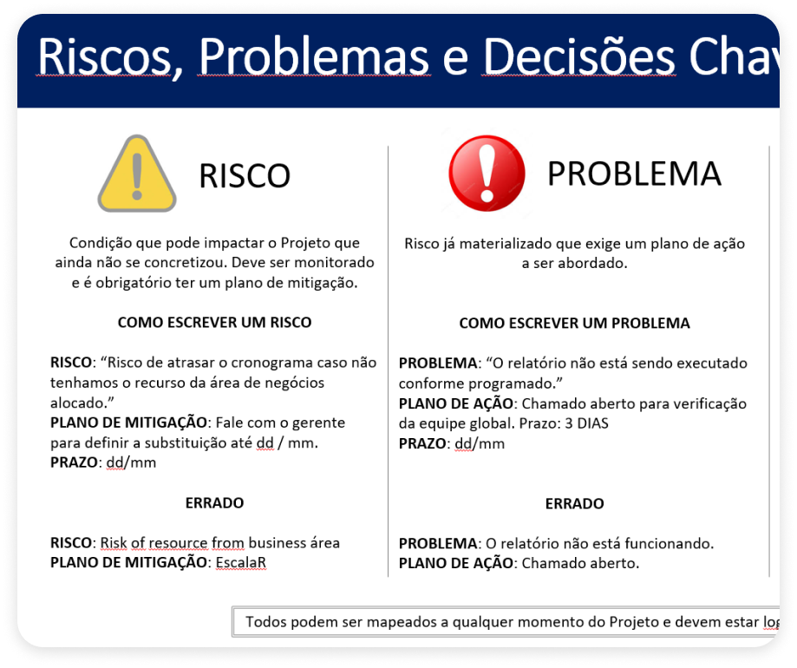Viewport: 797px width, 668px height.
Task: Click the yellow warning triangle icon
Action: click(137, 174)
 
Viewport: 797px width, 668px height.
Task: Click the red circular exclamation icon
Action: click(487, 173)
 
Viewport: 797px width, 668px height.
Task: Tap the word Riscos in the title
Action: click(105, 56)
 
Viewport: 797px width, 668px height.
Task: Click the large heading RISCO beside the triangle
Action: click(245, 176)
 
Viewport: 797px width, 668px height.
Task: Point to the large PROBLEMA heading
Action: click(634, 174)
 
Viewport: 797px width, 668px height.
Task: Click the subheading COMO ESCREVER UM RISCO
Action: click(214, 323)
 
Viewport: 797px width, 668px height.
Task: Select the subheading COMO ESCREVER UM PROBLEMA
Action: click(574, 323)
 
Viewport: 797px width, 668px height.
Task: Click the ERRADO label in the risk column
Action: click(214, 503)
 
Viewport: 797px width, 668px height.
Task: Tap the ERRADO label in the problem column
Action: click(574, 503)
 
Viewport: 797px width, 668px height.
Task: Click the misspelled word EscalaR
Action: click(240, 562)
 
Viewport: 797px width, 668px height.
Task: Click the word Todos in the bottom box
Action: click(265, 622)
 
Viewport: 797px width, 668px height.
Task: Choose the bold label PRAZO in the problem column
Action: click(422, 443)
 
